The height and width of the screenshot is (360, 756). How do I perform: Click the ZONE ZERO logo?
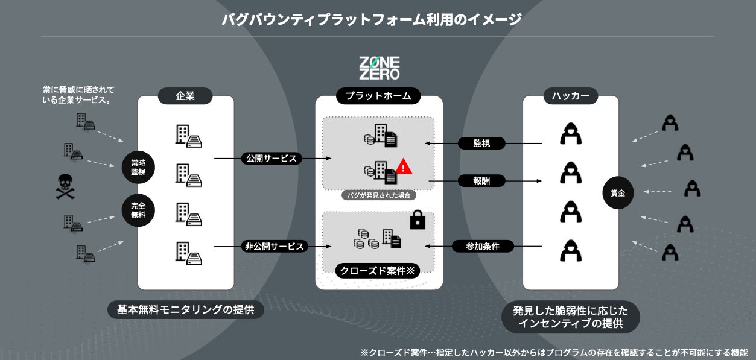(379, 68)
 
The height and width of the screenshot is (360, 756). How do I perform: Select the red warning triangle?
(405, 166)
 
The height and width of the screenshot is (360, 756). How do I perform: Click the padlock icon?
(418, 221)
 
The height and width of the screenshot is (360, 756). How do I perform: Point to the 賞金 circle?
(618, 194)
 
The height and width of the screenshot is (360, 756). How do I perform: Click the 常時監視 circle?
(138, 167)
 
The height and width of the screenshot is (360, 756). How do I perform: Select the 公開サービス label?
(271, 159)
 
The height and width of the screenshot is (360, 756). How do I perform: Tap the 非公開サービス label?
(275, 246)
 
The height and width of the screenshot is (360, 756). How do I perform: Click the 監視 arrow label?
(481, 144)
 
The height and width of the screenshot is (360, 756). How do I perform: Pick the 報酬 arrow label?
(481, 180)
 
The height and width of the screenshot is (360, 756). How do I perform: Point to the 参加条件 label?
(482, 246)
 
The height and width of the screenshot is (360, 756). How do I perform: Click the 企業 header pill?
(185, 95)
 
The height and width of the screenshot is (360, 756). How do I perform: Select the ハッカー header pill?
(571, 95)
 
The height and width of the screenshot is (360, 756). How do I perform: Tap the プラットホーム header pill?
(378, 95)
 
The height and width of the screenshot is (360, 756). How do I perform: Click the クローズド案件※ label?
(378, 271)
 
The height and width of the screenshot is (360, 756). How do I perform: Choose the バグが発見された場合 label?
(379, 195)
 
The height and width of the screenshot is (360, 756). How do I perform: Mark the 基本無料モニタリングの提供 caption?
(186, 310)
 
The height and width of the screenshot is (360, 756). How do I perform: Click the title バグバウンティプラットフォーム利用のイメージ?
(371, 20)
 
